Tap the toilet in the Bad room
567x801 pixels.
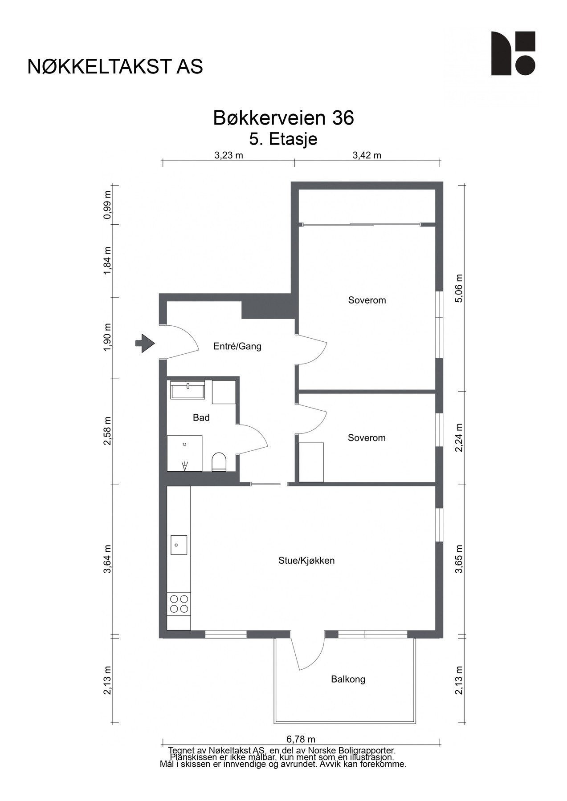tap(219, 461)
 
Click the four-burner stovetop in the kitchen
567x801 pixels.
tap(179, 604)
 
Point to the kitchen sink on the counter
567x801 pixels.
tap(179, 545)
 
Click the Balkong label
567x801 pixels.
tap(348, 680)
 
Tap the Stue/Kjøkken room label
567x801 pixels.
tap(306, 561)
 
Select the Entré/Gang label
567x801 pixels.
tap(237, 346)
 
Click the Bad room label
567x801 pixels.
tap(201, 418)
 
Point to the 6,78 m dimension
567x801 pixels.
tap(301, 739)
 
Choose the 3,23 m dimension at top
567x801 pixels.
tap(229, 155)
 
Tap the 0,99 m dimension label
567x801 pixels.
tap(107, 205)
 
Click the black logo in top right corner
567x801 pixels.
tap(513, 53)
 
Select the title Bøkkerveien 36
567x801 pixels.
tap(284, 118)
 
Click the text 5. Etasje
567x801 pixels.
tap(283, 139)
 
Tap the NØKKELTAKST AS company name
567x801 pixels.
tap(115, 66)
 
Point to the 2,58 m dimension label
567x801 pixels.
tap(107, 431)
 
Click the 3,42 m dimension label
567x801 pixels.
tap(367, 155)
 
